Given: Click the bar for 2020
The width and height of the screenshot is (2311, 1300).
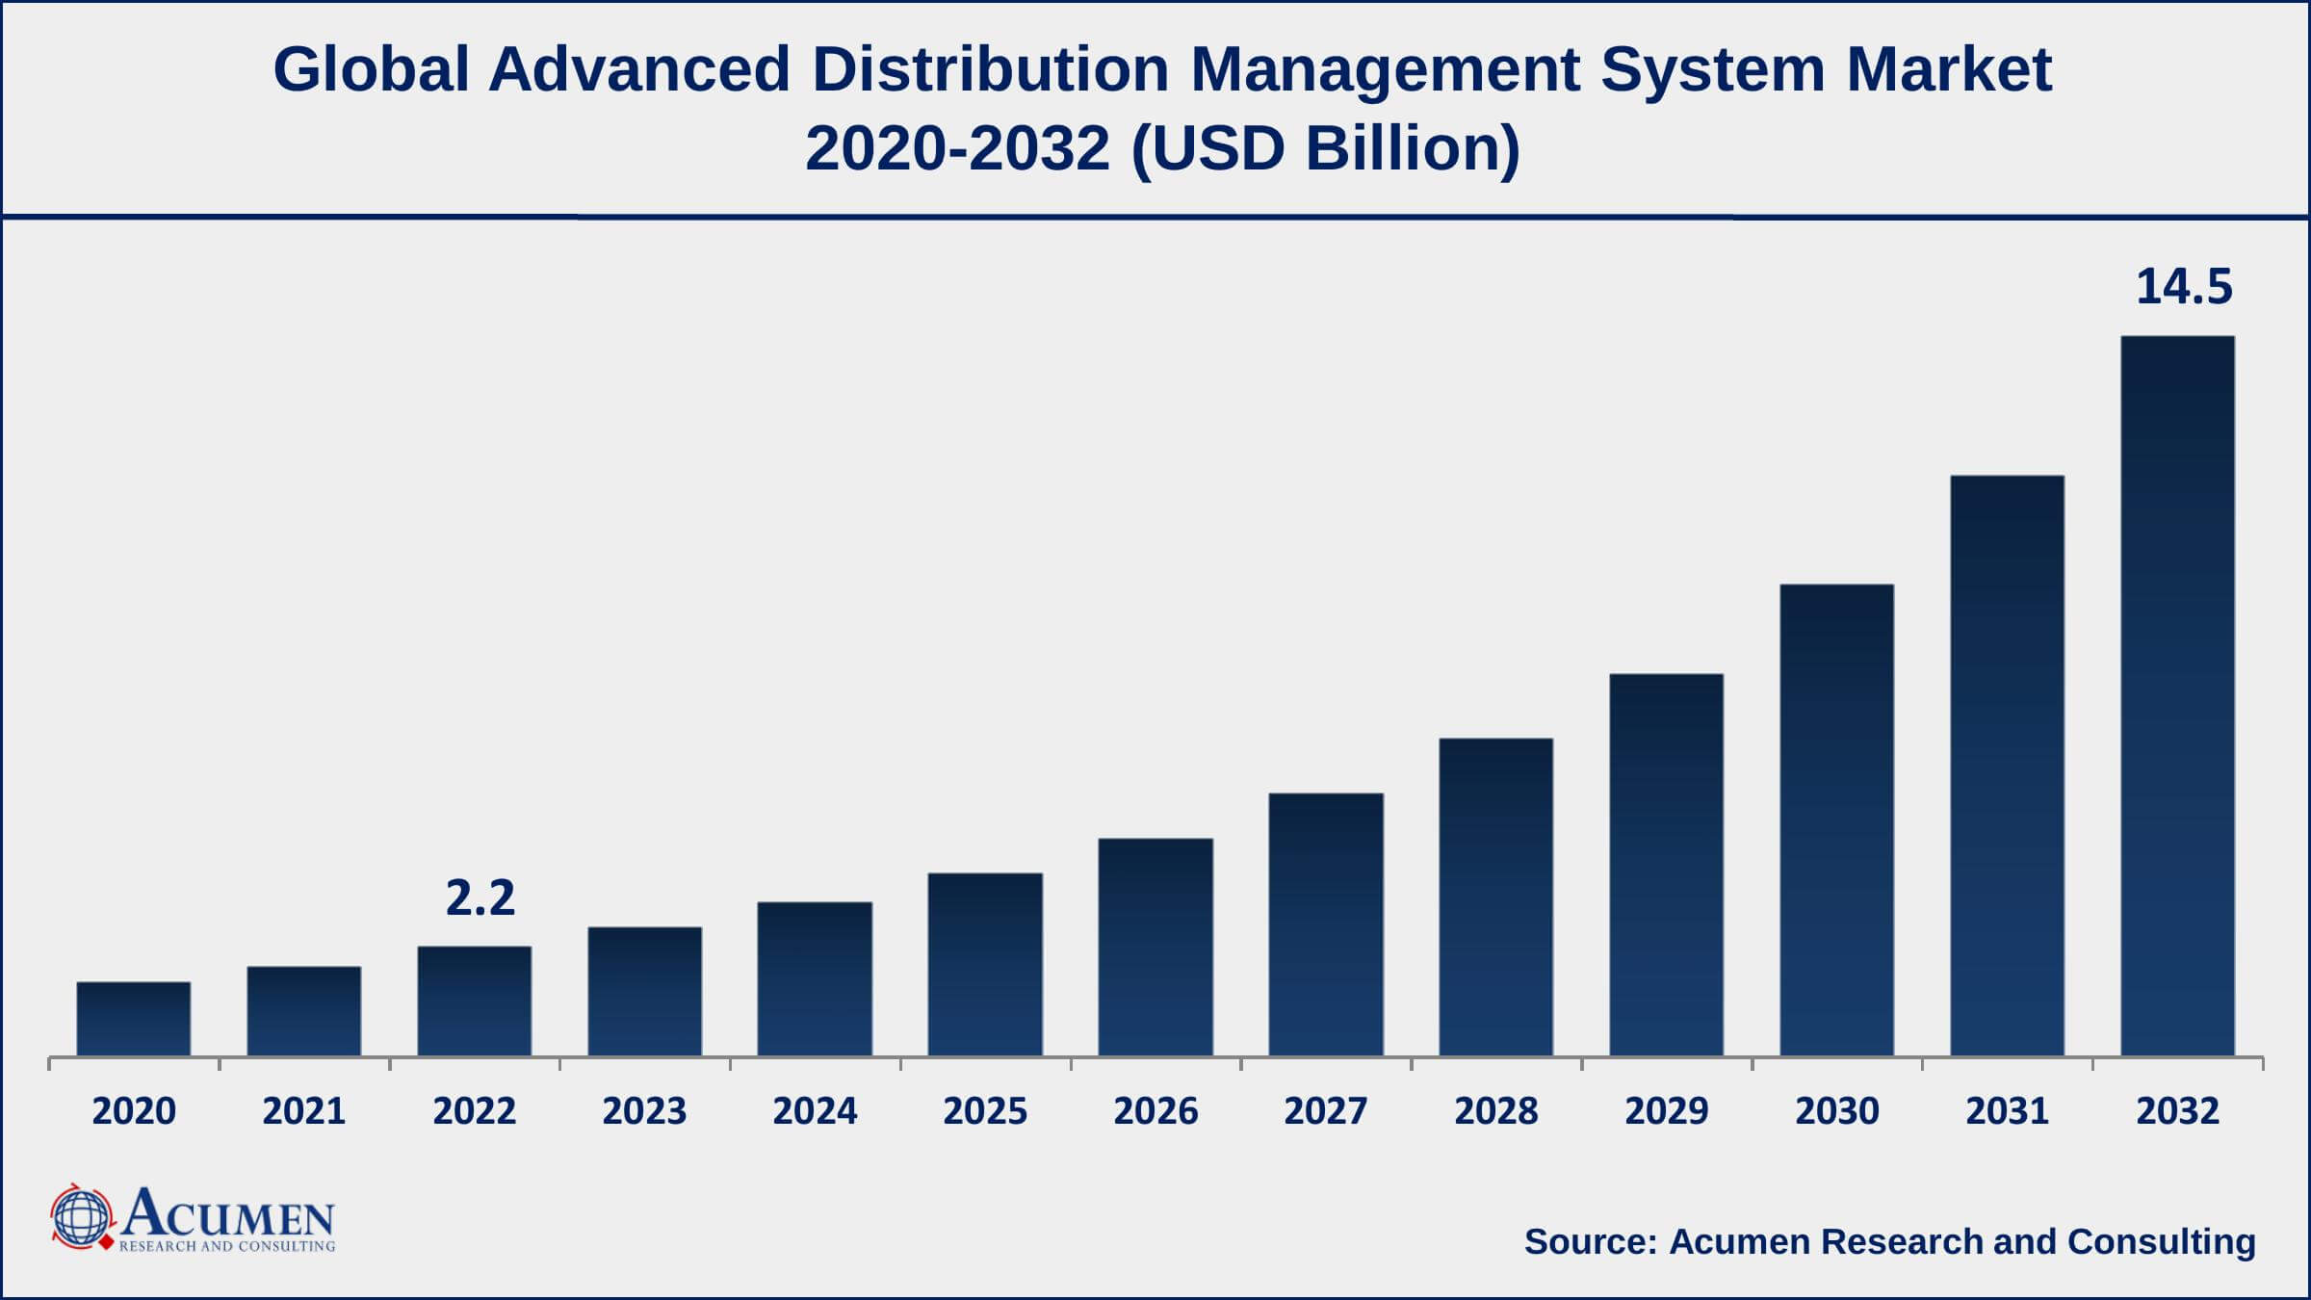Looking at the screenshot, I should pyautogui.click(x=134, y=1019).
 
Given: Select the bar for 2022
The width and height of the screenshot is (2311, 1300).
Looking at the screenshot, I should pyautogui.click(x=474, y=1001).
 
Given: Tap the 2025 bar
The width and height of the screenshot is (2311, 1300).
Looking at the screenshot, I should pyautogui.click(x=985, y=965).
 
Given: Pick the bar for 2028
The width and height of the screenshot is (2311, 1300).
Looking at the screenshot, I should pyautogui.click(x=1495, y=897).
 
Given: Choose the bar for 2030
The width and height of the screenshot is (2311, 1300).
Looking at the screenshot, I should pyautogui.click(x=1836, y=820).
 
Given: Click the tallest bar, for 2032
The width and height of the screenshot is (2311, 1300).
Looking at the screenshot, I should pyautogui.click(x=2177, y=696).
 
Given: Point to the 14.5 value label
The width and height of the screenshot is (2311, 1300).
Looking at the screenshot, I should pyautogui.click(x=2183, y=288).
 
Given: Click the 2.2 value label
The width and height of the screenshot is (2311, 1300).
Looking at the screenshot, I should pyautogui.click(x=480, y=898).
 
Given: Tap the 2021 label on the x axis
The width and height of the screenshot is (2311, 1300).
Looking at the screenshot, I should pyautogui.click(x=304, y=1111).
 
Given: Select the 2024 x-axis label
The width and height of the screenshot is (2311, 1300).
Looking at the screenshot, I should pyautogui.click(x=815, y=1111).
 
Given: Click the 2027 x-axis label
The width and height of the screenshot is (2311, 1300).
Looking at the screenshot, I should pyautogui.click(x=1325, y=1111).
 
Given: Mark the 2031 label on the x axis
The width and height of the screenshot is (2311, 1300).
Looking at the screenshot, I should pyautogui.click(x=2007, y=1111).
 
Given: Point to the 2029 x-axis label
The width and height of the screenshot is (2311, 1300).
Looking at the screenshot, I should pyautogui.click(x=1666, y=1111).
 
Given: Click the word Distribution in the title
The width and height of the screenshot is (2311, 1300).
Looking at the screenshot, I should pyautogui.click(x=990, y=70).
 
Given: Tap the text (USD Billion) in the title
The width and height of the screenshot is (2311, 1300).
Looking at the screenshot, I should pyautogui.click(x=1325, y=149).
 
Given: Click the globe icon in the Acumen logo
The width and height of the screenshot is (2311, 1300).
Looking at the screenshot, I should pyautogui.click(x=82, y=1218).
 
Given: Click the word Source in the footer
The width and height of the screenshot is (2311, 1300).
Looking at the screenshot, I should pyautogui.click(x=1590, y=1241).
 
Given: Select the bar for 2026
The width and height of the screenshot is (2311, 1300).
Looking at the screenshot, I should pyautogui.click(x=1155, y=948).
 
